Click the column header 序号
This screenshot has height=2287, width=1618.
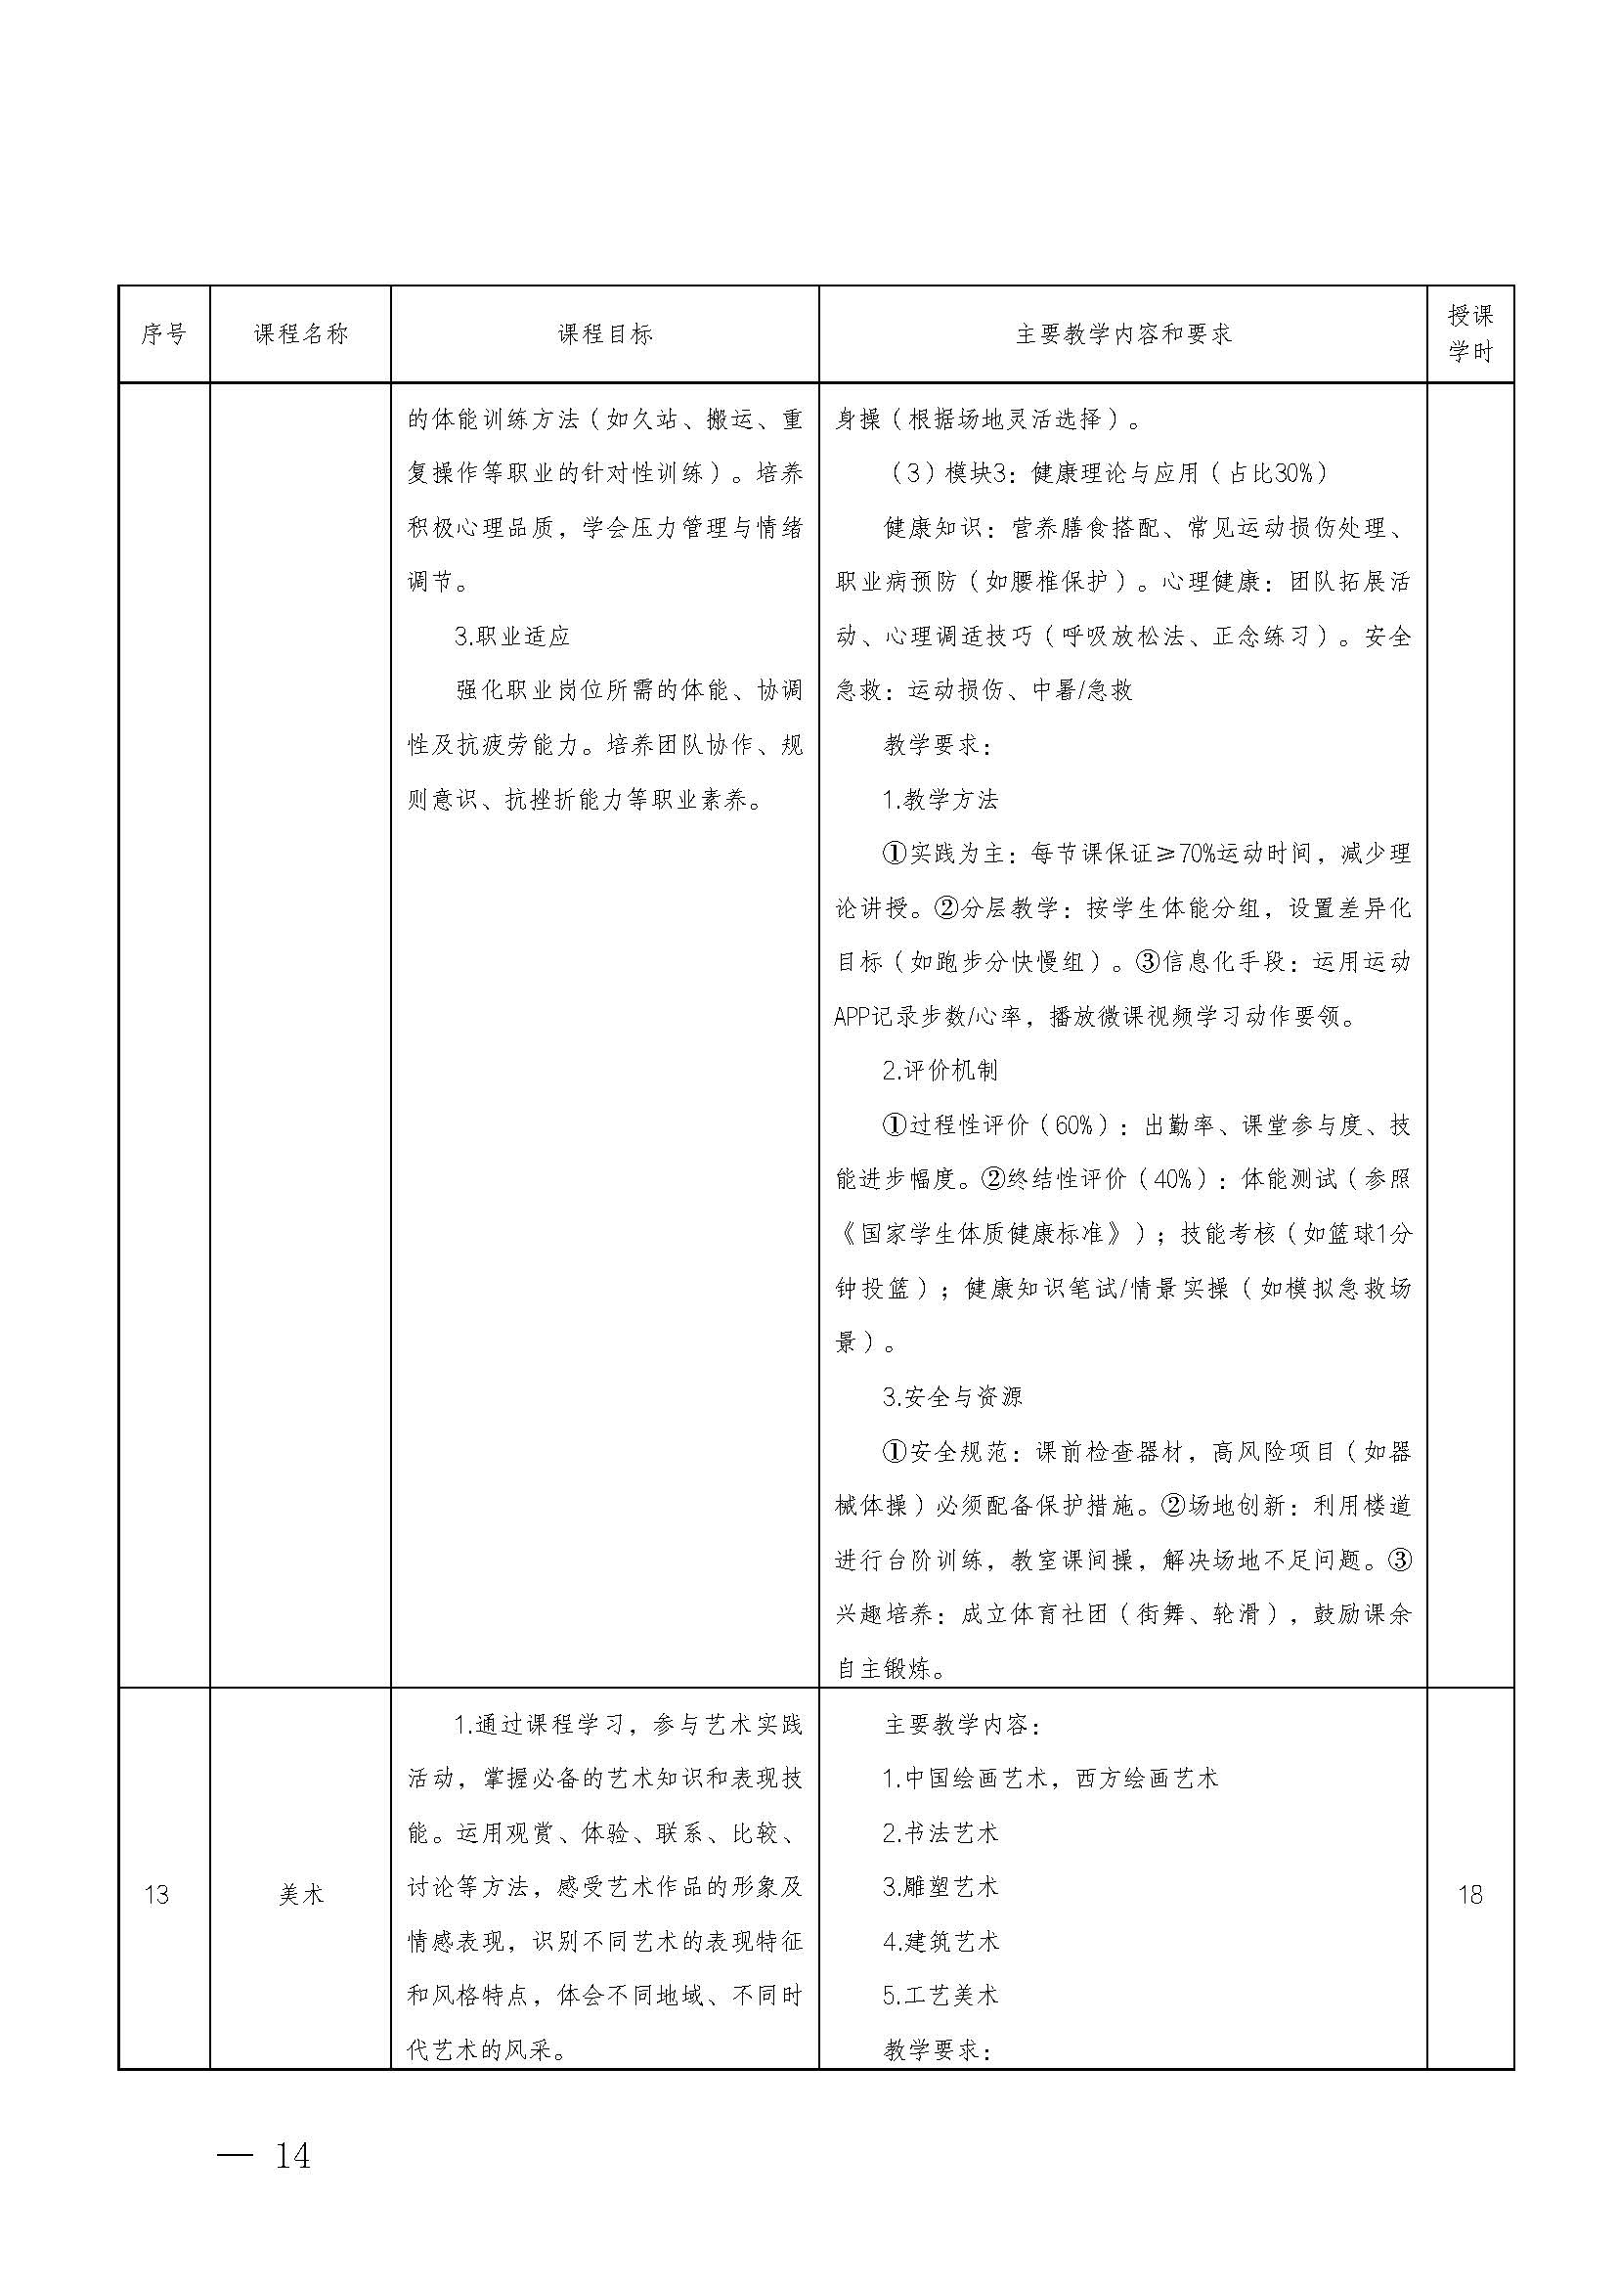(163, 333)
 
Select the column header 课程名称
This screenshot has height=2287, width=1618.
(300, 333)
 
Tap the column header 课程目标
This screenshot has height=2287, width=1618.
(604, 333)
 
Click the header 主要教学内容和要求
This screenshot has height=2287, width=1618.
(1123, 333)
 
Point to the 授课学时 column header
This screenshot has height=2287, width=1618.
(1469, 333)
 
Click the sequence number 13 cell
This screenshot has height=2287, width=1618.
(156, 1894)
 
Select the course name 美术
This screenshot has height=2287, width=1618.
(300, 1894)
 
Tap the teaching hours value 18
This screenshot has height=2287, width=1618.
(1469, 1894)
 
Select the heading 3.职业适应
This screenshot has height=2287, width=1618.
(511, 637)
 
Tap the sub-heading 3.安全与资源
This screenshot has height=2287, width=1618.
(951, 1396)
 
